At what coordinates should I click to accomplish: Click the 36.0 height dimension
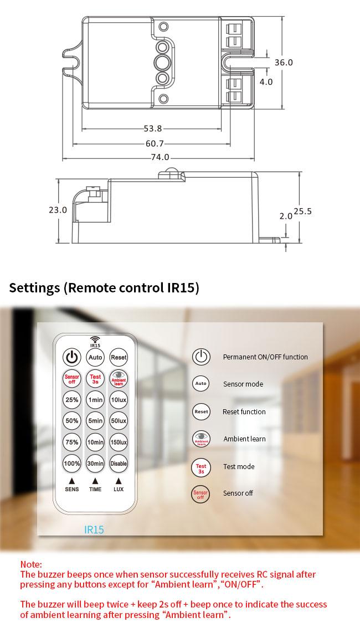point(284,63)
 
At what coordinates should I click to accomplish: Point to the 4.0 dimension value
point(266,82)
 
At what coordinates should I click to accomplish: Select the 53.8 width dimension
point(153,128)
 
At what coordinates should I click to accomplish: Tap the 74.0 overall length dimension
point(160,157)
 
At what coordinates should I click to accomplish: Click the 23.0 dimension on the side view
point(58,210)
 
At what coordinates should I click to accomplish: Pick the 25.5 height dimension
point(303,211)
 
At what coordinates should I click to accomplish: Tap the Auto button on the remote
point(95,357)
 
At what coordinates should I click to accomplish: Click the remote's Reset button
point(119,357)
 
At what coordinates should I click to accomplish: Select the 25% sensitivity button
point(72,400)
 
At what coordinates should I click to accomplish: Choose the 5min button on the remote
point(95,421)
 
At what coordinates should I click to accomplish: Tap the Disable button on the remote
point(119,464)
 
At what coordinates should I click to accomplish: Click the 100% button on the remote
point(72,464)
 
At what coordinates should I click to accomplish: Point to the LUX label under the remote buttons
point(119,489)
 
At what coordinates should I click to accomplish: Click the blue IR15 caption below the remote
point(94,530)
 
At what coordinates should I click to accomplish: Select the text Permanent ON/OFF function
point(265,357)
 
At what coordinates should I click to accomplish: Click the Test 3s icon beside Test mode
point(201,468)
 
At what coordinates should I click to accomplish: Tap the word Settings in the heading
point(34,288)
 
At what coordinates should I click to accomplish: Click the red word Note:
point(31,564)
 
